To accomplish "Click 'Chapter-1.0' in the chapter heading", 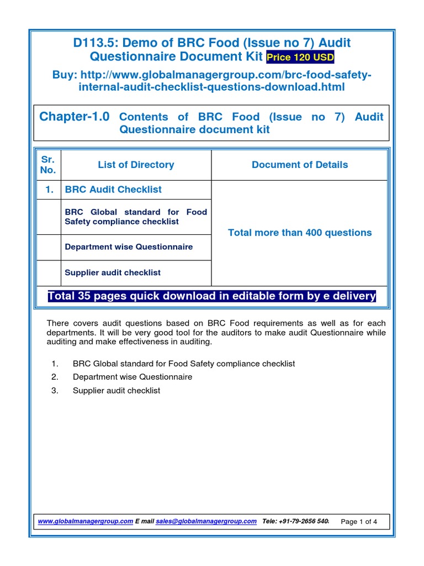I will (75, 117).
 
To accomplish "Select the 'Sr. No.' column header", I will (48, 165).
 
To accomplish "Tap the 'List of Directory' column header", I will (136, 165).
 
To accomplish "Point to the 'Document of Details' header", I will (299, 165).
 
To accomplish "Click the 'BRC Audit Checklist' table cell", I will (113, 190).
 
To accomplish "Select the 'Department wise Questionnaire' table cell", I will (129, 247).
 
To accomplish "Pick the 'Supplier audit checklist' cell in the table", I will (113, 272).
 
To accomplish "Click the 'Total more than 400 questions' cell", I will (299, 233).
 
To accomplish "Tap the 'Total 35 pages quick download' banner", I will (212, 296).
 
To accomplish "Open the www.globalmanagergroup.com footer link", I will (86, 521).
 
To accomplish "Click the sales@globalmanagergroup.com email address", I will (206, 521).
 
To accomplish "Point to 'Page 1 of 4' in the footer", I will (359, 522).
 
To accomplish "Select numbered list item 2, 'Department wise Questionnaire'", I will (132, 377).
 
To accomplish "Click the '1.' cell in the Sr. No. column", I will (48, 190).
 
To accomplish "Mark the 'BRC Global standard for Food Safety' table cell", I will (136, 217).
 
